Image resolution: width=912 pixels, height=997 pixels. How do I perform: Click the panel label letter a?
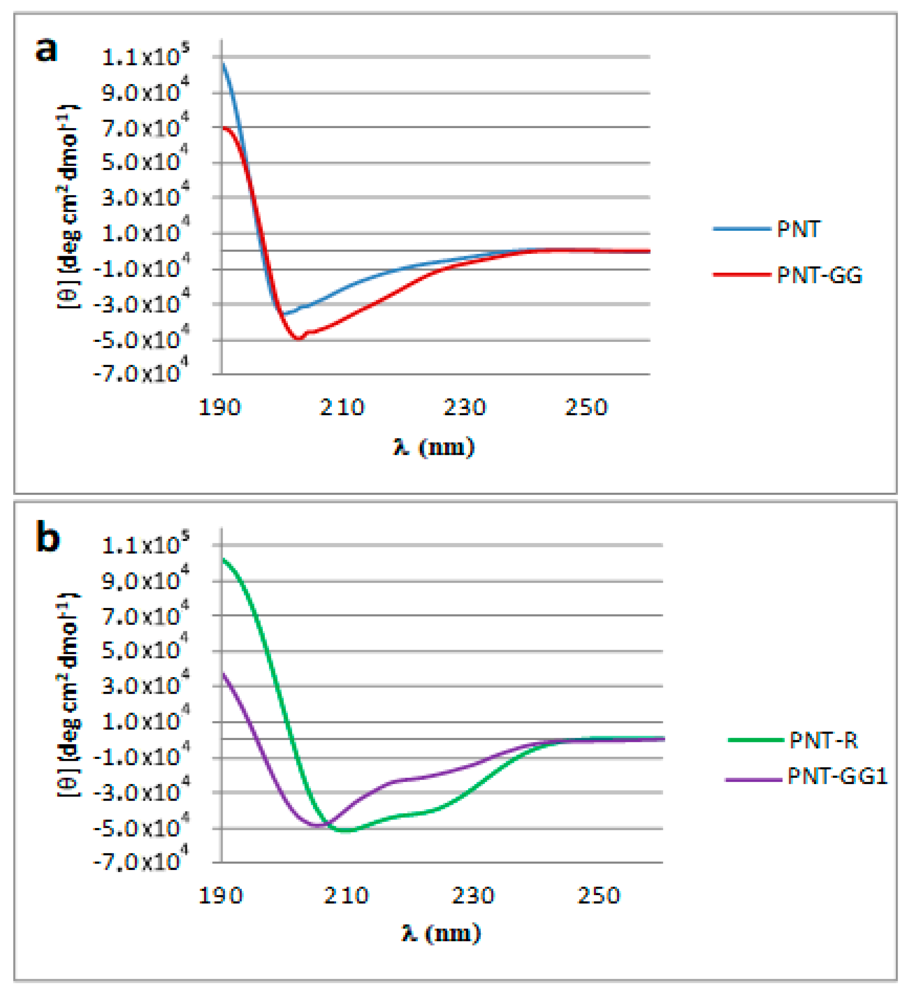pyautogui.click(x=46, y=49)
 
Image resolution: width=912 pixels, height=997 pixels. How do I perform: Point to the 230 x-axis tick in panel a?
pyautogui.click(x=464, y=407)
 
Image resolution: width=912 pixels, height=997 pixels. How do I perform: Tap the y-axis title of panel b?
pyautogui.click(x=68, y=695)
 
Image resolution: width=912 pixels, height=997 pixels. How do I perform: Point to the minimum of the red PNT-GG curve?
pyautogui.click(x=298, y=338)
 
